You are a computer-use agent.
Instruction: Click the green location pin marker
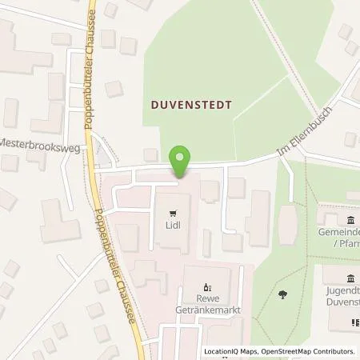(182, 160)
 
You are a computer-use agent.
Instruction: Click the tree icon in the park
(285, 295)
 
